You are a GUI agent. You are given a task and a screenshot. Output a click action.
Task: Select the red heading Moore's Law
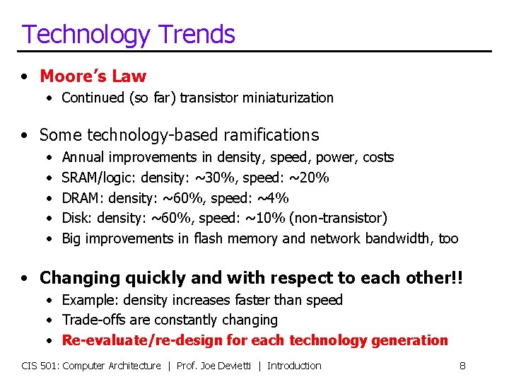pos(93,76)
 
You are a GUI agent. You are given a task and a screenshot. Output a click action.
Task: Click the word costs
pos(378,157)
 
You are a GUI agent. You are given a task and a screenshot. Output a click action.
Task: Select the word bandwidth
pos(394,239)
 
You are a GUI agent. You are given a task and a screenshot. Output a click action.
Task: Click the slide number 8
pos(462,366)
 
